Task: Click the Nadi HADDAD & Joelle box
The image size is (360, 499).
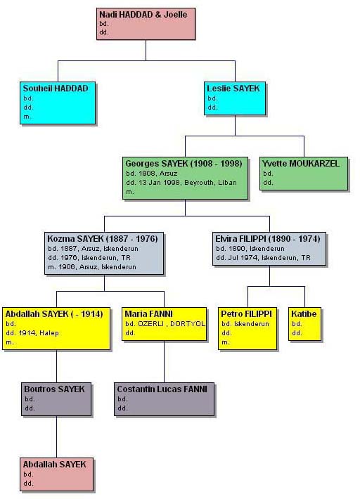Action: (x=146, y=24)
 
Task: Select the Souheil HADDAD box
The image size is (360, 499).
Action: (x=58, y=103)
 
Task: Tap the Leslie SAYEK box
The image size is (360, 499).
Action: (x=235, y=98)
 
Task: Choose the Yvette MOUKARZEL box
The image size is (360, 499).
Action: (x=304, y=174)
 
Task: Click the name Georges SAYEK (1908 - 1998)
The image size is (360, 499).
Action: (x=184, y=164)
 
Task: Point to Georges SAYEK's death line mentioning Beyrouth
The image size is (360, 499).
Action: (x=181, y=183)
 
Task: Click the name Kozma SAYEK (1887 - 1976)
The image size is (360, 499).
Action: (x=103, y=239)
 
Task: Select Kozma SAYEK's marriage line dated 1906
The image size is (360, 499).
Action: (x=92, y=267)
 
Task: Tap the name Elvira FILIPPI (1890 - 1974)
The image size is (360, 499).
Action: (x=267, y=239)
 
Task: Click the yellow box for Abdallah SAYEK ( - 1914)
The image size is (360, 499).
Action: (x=56, y=328)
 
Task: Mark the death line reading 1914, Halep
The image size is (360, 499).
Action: (x=32, y=333)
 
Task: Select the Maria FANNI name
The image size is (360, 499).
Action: (x=148, y=313)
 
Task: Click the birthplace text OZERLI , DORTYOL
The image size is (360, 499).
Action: (x=172, y=324)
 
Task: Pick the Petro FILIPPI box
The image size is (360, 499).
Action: (x=247, y=328)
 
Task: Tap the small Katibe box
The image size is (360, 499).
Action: (x=304, y=324)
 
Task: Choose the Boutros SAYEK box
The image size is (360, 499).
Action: (x=56, y=399)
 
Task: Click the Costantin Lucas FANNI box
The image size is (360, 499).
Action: (x=165, y=399)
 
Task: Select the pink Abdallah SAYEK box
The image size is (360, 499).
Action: (x=57, y=474)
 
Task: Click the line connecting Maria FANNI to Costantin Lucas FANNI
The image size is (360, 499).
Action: (x=165, y=361)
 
